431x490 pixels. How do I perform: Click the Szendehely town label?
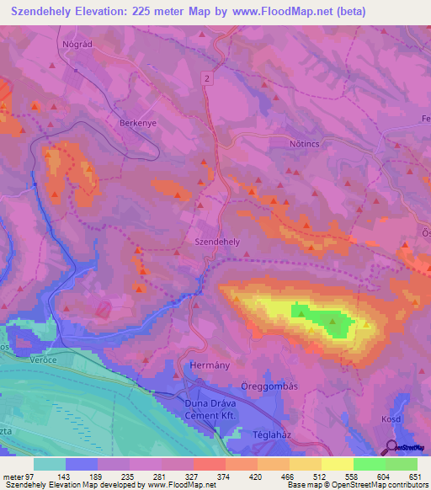pyautogui.click(x=218, y=241)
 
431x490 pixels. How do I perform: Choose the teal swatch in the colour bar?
pyautogui.click(x=50, y=464)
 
